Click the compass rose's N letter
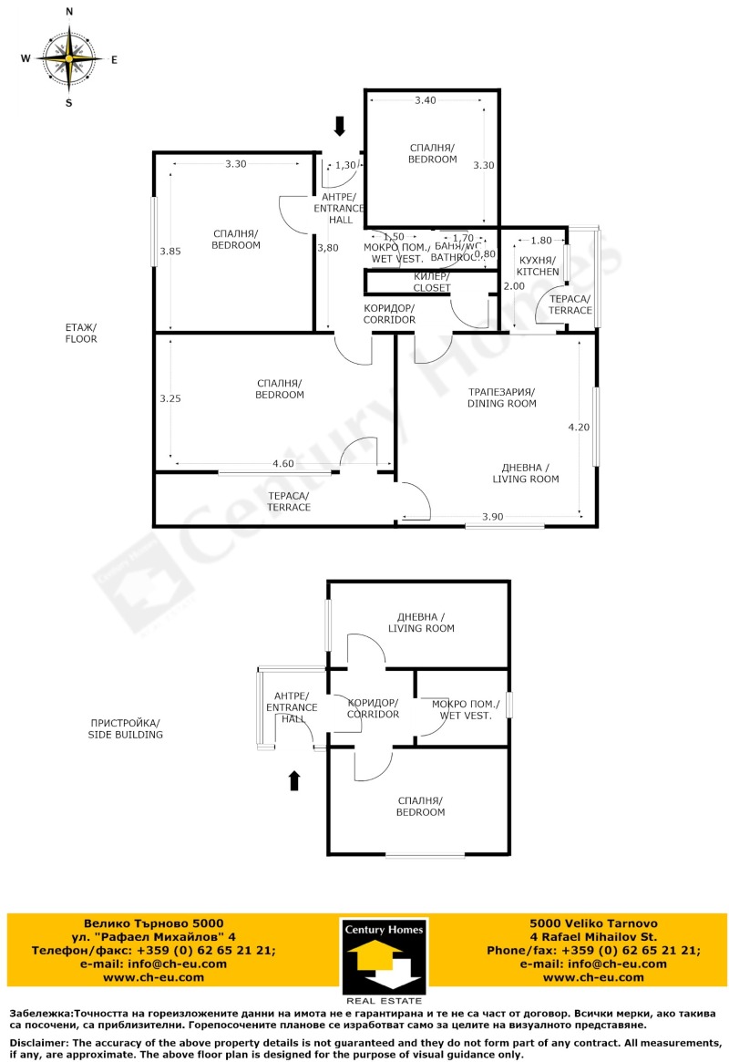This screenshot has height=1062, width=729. pyautogui.click(x=69, y=12)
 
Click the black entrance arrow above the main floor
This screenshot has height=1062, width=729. pyautogui.click(x=339, y=126)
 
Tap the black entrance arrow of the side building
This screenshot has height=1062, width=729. pyautogui.click(x=294, y=780)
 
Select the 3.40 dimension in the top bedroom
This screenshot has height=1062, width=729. pyautogui.click(x=425, y=100)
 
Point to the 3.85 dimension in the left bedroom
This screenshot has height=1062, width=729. pyautogui.click(x=170, y=251)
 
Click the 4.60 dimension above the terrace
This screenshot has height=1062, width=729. pyautogui.click(x=283, y=464)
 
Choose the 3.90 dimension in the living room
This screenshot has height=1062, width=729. pyautogui.click(x=493, y=517)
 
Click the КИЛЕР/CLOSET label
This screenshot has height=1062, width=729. pyautogui.click(x=432, y=282)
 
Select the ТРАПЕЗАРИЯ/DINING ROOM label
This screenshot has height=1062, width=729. pyautogui.click(x=501, y=397)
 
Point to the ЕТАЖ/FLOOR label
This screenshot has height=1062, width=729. pyautogui.click(x=80, y=333)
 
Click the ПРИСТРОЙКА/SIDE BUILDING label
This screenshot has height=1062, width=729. pyautogui.click(x=125, y=727)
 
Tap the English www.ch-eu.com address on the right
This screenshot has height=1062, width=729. pyautogui.click(x=592, y=977)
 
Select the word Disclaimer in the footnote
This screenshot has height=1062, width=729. pyautogui.click(x=38, y=1042)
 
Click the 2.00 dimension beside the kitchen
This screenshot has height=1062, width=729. pyautogui.click(x=514, y=285)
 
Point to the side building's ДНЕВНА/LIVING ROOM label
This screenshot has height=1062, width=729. pyautogui.click(x=421, y=623)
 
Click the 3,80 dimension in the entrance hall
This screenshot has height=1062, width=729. pyautogui.click(x=327, y=247)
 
